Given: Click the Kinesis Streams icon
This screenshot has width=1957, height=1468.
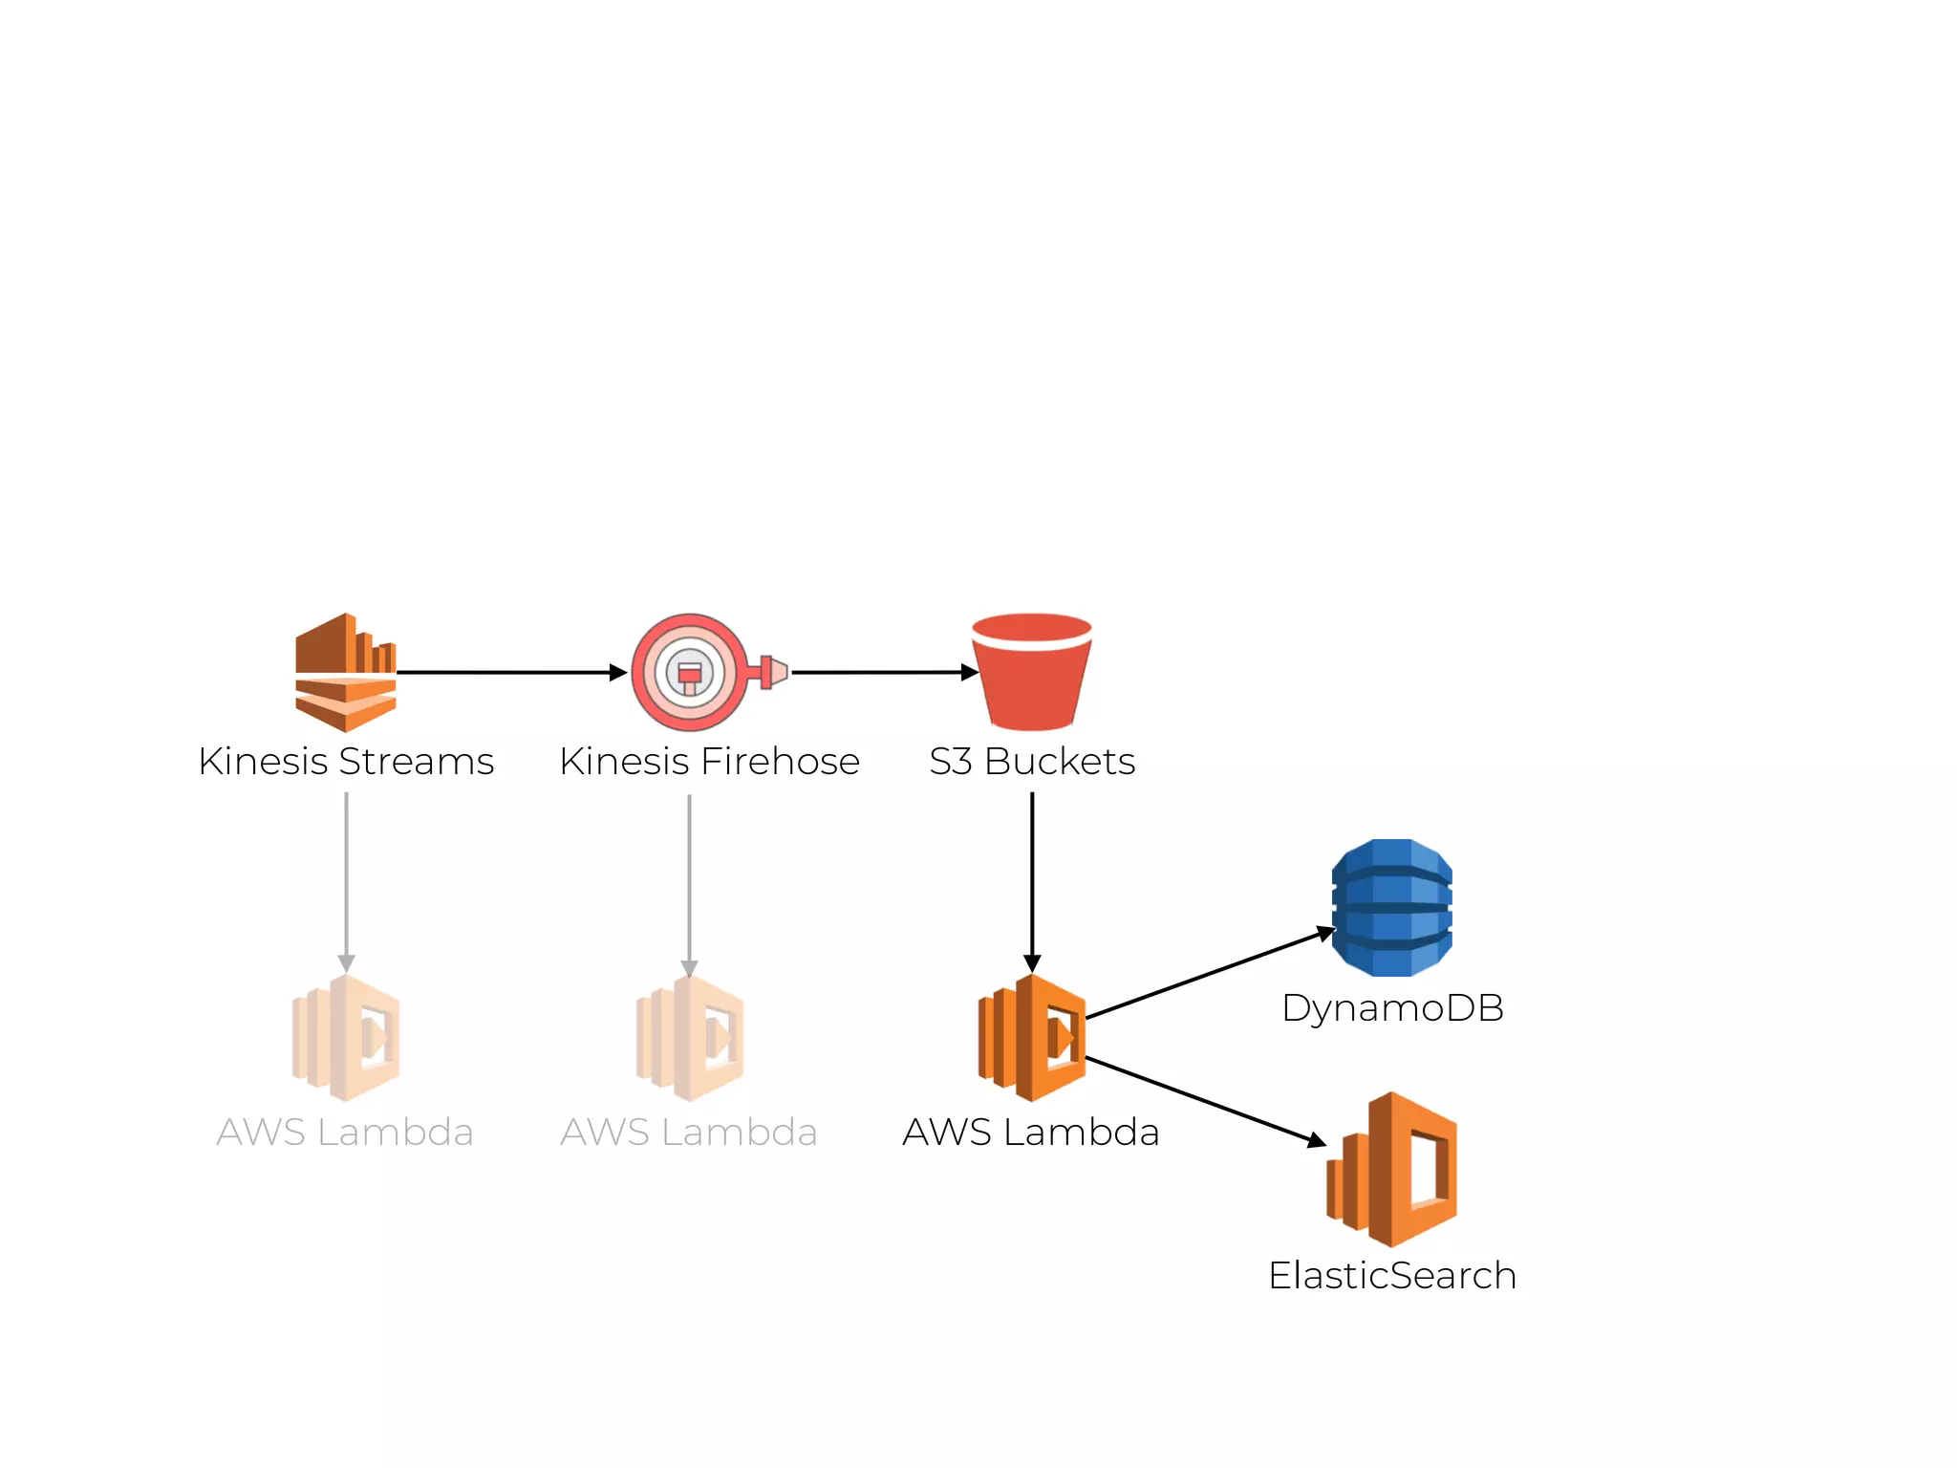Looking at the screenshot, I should [345, 672].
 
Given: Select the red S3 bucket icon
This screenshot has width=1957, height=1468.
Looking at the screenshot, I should [1032, 672].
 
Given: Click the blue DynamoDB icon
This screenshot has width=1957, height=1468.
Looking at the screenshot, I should [1392, 907].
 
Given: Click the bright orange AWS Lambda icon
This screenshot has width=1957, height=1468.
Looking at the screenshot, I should [1032, 1038].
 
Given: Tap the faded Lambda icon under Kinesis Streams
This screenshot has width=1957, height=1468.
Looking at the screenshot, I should [346, 1038].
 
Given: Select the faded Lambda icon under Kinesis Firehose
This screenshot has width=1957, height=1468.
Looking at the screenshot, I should [690, 1038].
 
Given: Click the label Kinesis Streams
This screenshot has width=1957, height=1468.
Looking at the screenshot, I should [346, 762].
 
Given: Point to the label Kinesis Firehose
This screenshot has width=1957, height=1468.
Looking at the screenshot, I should [709, 762].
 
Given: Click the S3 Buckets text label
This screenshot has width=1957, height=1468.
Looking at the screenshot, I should [1032, 762].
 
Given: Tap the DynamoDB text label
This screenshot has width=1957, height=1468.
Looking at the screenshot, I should [1392, 1008].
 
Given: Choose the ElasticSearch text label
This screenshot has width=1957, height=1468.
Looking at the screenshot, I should [1392, 1276].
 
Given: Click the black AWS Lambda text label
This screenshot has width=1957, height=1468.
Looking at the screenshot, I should [1031, 1133].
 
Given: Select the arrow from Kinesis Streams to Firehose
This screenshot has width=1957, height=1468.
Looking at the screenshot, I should [511, 673].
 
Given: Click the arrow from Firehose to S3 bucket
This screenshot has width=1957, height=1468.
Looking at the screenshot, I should [884, 673].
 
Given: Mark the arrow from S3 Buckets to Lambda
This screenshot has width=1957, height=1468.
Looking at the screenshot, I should [1032, 879].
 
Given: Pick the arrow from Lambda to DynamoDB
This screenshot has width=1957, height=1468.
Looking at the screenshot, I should [1209, 974].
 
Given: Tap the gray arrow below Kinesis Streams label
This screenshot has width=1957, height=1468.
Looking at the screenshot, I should [346, 879].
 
